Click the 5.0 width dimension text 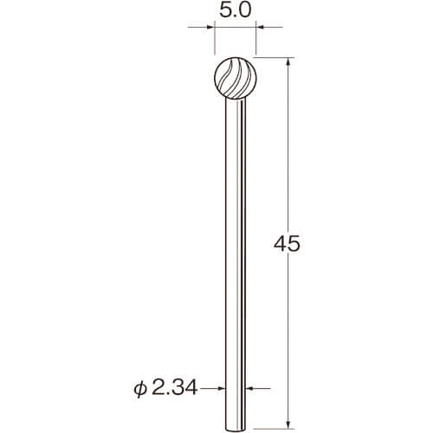236,11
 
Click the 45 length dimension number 287,245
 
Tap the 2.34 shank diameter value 174,388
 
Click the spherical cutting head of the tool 236,78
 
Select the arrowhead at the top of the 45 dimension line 288,62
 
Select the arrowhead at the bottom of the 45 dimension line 288,423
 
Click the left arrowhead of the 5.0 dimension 210,28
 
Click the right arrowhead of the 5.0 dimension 261,28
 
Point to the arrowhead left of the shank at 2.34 221,389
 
